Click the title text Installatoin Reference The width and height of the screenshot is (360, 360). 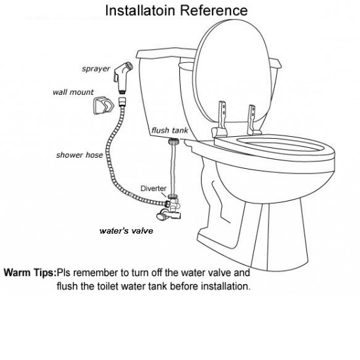(x=177, y=10)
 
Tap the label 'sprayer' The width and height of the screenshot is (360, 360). (x=95, y=67)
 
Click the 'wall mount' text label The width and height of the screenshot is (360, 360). (x=73, y=92)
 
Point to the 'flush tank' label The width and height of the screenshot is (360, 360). (x=170, y=130)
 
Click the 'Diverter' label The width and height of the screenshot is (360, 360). (x=154, y=188)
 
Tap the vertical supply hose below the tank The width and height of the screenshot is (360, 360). (x=173, y=167)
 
